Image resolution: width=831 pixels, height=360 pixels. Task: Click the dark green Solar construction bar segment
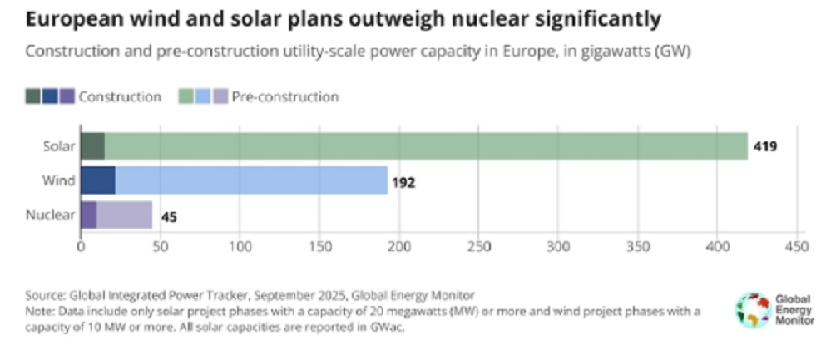92,146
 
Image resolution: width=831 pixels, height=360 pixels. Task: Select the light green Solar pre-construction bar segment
424,146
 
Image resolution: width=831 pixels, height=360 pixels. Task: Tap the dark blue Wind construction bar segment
97,180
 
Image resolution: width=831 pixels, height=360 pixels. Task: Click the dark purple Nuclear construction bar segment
88,215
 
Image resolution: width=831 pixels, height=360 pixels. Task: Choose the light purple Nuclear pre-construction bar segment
124,215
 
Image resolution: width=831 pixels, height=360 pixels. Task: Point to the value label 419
765,147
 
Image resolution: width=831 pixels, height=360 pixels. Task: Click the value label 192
404,181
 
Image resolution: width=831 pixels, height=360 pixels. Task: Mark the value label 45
168,217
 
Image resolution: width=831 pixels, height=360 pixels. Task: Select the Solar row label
59,146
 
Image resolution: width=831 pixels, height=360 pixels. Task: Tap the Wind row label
60,180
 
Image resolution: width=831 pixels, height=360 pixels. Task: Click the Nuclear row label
52,215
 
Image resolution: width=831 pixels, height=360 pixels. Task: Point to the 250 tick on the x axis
478,247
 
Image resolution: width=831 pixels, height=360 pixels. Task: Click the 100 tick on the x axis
240,247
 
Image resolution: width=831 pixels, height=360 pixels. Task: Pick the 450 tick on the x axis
797,247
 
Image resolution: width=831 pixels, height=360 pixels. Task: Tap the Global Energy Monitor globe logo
752,309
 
